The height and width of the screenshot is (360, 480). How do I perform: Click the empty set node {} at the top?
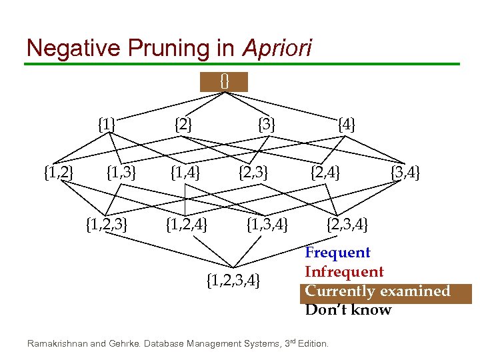[224, 81]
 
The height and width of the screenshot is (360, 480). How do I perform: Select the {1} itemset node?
[106, 124]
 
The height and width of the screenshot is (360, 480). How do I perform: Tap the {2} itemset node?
[183, 124]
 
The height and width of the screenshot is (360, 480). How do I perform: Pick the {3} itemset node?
[267, 124]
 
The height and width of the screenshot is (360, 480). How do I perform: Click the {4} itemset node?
[347, 124]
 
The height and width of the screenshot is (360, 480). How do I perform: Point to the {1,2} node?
[58, 174]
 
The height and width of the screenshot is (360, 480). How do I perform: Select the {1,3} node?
[121, 174]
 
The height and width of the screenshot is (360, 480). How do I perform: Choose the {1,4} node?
[185, 174]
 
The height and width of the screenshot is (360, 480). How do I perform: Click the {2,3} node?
[253, 174]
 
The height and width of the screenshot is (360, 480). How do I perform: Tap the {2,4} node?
[325, 174]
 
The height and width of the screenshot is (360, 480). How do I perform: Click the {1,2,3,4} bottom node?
[233, 278]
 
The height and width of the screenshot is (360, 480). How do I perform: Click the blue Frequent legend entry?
[337, 253]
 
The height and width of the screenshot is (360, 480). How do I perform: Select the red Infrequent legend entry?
[344, 272]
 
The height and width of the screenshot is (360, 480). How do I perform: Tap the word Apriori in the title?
[277, 49]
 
